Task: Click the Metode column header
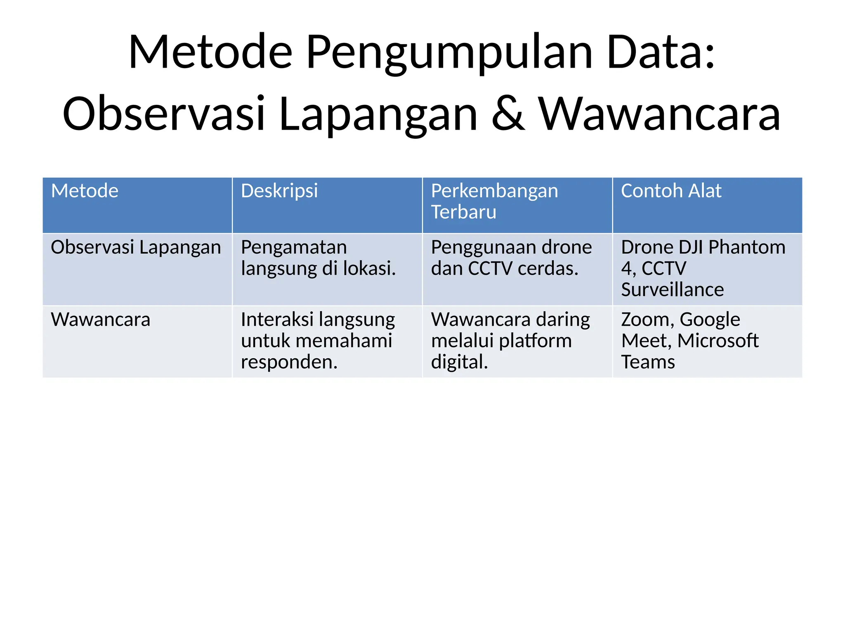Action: click(85, 191)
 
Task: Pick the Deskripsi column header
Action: click(279, 191)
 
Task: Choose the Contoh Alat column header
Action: click(671, 191)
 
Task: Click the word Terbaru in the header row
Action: click(463, 212)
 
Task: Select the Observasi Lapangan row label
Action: click(136, 248)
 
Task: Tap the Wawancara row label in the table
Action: click(100, 320)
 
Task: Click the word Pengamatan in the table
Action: click(294, 248)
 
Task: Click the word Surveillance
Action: click(672, 290)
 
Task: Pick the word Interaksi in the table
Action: click(277, 320)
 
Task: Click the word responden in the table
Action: click(288, 362)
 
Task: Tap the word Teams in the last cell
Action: click(648, 362)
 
